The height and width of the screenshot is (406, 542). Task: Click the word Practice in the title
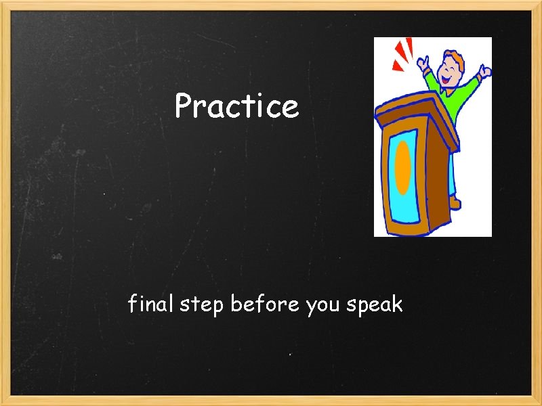click(x=236, y=106)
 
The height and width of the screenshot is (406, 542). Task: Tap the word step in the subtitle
click(x=202, y=306)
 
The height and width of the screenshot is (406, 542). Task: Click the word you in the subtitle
click(x=323, y=306)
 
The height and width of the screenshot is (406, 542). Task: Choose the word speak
click(x=375, y=306)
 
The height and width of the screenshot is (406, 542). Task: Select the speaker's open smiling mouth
click(x=448, y=79)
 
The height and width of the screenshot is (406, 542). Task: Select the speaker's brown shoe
click(x=456, y=202)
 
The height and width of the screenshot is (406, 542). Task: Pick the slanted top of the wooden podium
click(x=413, y=108)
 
